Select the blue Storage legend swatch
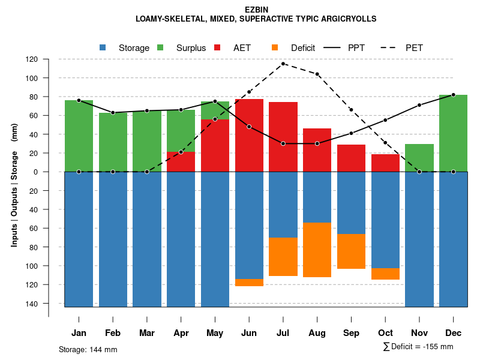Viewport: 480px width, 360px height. coord(103,47)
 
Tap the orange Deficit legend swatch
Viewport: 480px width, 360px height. coord(275,47)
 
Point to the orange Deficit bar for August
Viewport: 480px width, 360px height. coord(317,250)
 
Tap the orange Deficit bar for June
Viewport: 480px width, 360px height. coord(249,283)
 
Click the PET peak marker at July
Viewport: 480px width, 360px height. coord(283,64)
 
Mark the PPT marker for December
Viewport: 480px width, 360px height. coord(453,95)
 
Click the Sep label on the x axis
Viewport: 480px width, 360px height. coord(351,333)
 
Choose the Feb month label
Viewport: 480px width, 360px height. coord(113,333)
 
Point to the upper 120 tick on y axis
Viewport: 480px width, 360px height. coord(48,59)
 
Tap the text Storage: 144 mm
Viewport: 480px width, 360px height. coord(88,349)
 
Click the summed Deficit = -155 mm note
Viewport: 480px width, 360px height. coord(418,347)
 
